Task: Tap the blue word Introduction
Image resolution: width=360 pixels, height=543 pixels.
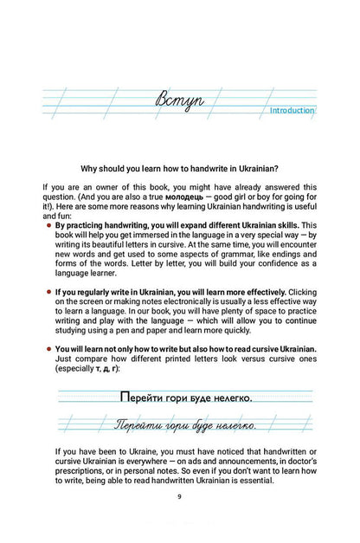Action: click(292, 111)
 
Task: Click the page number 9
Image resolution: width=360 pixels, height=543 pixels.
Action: click(179, 496)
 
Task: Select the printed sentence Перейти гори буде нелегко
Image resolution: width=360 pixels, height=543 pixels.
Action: click(184, 398)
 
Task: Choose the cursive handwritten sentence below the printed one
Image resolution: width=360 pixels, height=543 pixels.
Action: click(184, 426)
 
